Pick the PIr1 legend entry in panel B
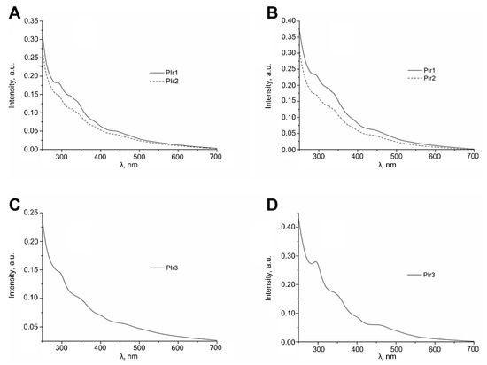[414, 69]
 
